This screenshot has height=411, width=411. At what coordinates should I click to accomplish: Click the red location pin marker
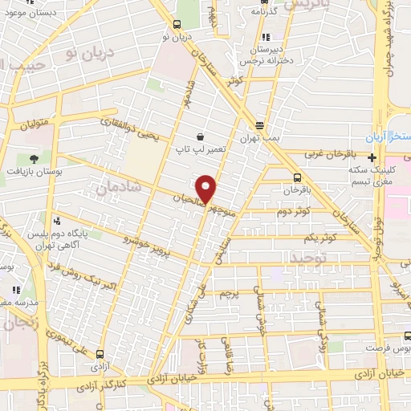206,188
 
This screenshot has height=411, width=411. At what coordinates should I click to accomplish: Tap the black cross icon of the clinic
371,157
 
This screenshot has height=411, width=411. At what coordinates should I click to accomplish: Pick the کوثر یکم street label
319,238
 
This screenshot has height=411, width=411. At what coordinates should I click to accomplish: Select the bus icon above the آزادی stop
100,353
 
